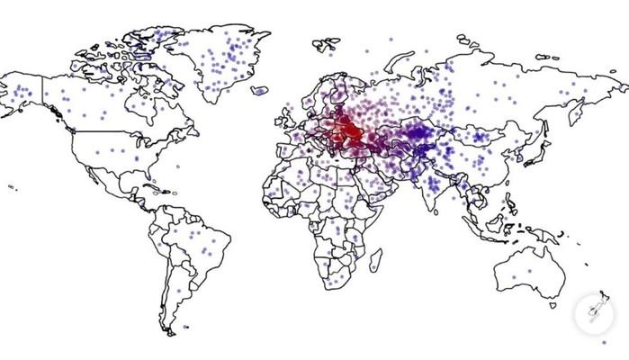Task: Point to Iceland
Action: pos(260,90)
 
